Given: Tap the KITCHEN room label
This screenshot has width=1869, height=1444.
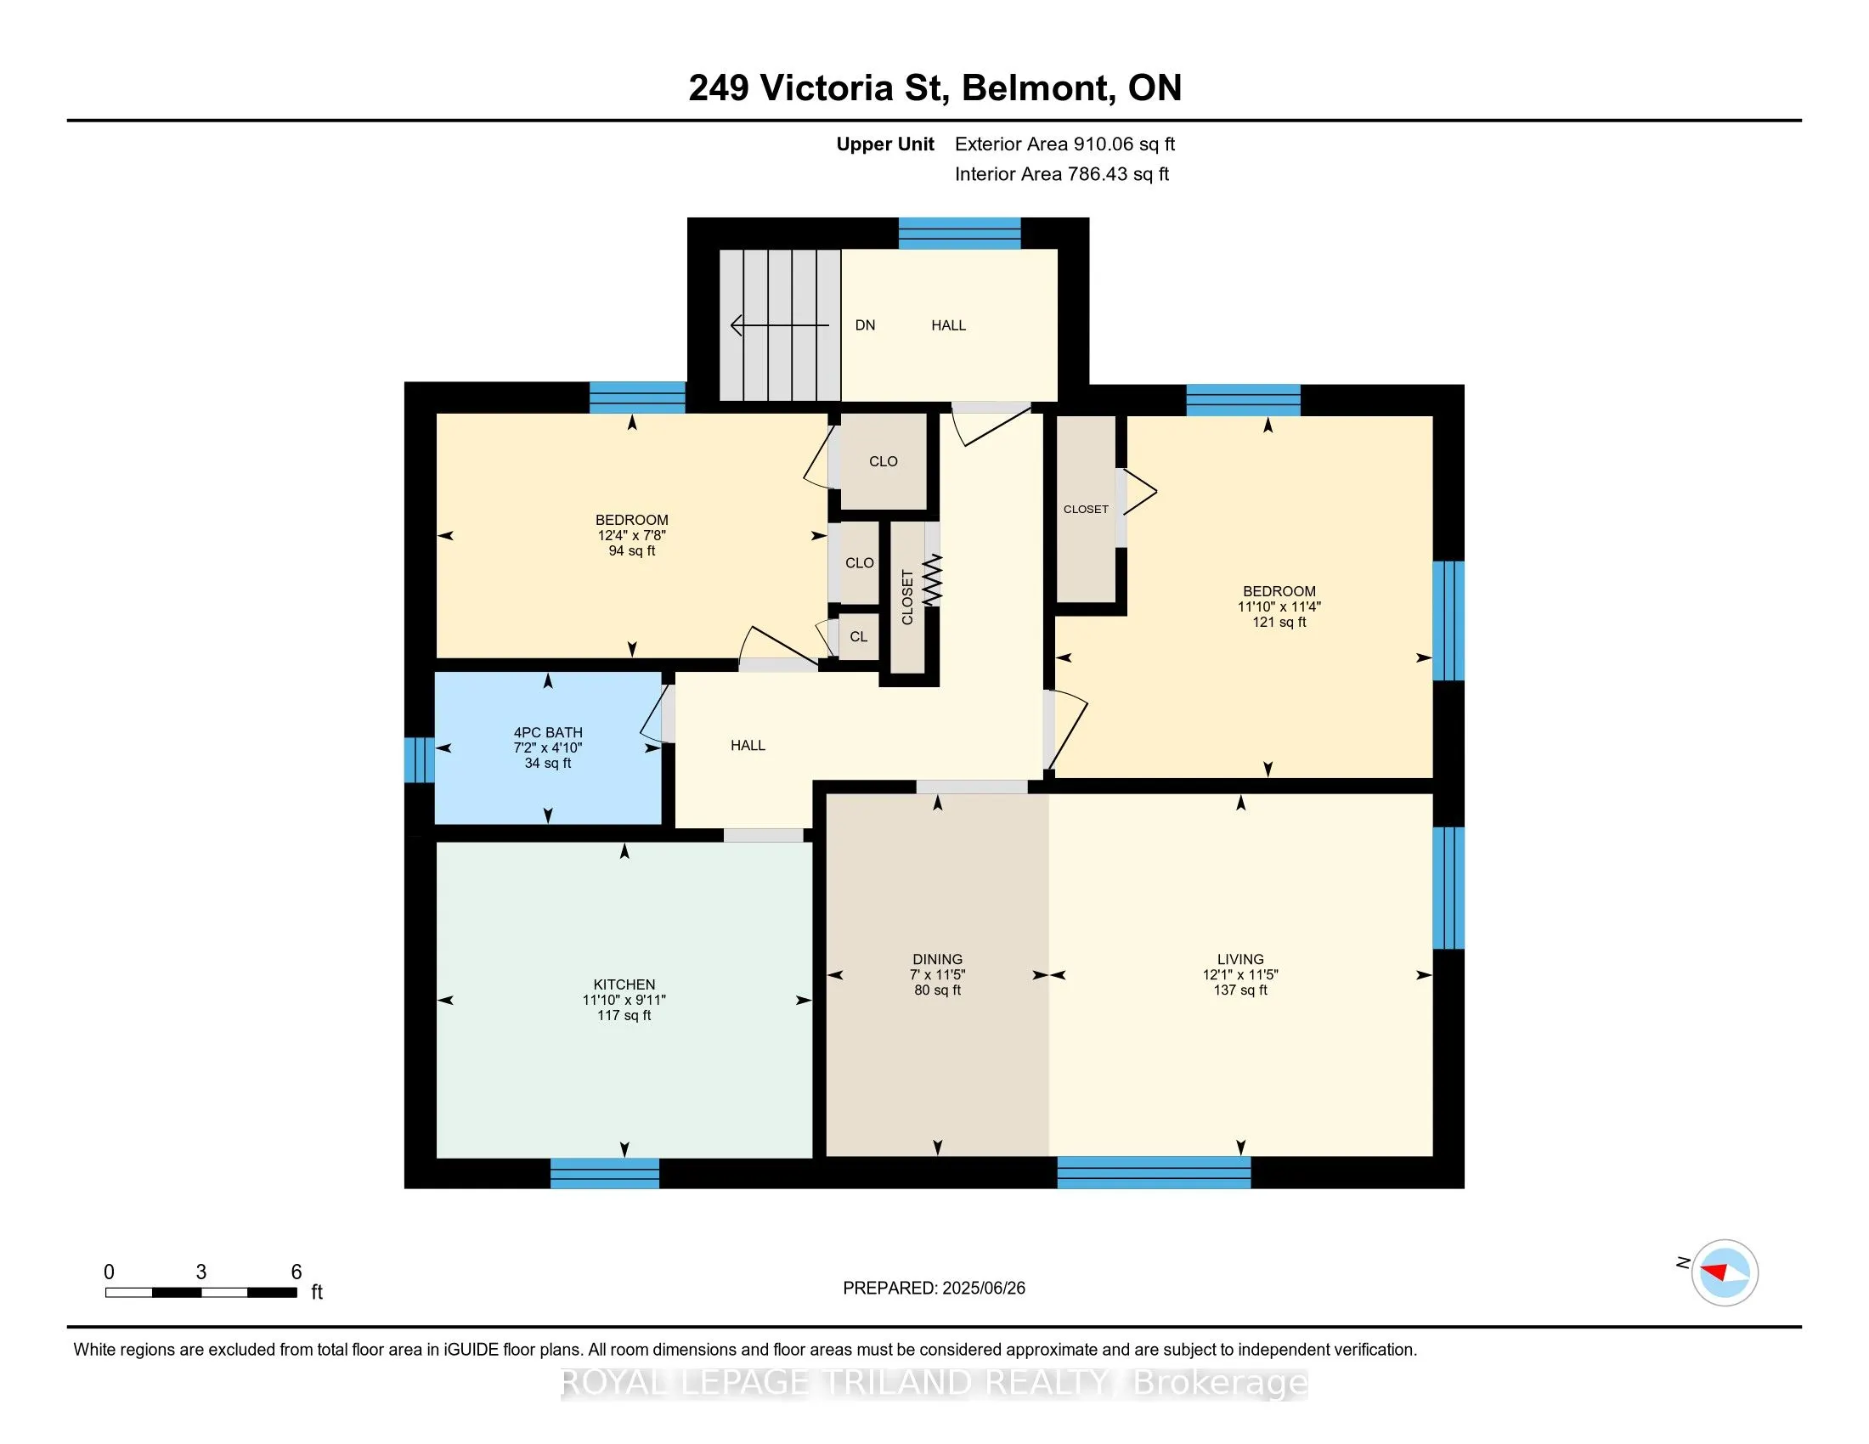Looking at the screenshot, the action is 624,984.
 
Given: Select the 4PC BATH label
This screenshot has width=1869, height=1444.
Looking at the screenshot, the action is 548,732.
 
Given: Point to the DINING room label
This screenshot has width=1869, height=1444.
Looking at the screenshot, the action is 937,960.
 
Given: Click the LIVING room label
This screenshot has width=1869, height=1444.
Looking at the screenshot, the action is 1240,960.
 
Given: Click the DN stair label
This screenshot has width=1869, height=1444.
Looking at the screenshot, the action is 865,325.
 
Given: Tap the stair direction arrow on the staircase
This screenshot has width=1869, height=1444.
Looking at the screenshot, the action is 780,326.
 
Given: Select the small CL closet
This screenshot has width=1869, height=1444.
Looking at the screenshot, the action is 858,636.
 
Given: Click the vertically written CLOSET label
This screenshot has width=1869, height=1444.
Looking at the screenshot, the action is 908,597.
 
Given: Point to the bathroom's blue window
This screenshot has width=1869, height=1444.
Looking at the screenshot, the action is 420,759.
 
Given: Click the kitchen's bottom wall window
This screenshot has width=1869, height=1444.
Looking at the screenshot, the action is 604,1173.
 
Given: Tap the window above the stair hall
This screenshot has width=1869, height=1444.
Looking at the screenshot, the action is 959,233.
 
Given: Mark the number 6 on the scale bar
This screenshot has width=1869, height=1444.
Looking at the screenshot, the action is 296,1272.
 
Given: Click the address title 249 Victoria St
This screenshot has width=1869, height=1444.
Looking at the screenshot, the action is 818,88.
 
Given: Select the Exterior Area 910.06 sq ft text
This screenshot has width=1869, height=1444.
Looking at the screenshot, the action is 1064,144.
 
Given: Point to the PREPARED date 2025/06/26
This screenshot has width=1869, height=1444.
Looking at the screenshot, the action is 982,1289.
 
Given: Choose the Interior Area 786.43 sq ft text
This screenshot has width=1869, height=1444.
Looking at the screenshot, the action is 1061,174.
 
